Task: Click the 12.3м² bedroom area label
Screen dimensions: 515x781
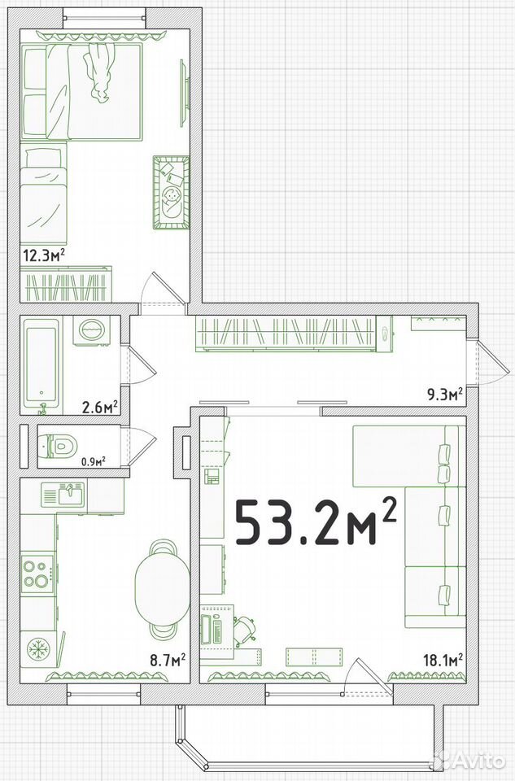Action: coord(44,255)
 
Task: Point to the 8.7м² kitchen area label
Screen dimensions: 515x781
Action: coord(168,661)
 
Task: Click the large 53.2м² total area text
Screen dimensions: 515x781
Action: coord(316,521)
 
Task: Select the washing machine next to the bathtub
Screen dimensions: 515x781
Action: coord(91,329)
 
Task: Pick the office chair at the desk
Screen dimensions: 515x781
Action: coord(245,629)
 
